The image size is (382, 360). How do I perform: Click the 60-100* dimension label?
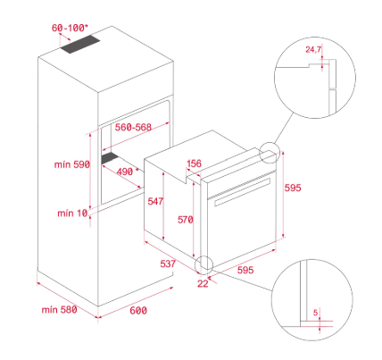coord(70,28)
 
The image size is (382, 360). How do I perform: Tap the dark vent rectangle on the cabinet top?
coord(79,45)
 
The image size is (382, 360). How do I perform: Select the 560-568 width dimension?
coord(133,127)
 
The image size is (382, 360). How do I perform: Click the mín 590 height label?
coord(72,164)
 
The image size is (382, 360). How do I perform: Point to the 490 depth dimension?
coord(125,172)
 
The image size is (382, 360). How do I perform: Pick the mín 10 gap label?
coord(72,213)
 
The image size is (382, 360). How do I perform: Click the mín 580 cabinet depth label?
coord(59,310)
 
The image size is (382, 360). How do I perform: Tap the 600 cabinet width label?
coord(138,311)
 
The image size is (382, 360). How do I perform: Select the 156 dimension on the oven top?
coord(194,163)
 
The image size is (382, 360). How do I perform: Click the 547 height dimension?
coord(155,201)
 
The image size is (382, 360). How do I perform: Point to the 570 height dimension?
coord(186,220)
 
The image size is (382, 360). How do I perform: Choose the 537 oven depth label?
coord(168,264)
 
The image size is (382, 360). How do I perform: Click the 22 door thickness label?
coord(203,283)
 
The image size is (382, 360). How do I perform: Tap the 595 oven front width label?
coord(245,270)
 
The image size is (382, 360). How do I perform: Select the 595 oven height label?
coord(293,188)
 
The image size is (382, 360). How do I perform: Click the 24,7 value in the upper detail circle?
coord(313,49)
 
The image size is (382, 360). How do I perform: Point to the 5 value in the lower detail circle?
coord(316,313)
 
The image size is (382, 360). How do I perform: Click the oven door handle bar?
coord(242,192)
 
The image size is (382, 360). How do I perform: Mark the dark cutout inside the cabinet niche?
coord(111,158)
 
